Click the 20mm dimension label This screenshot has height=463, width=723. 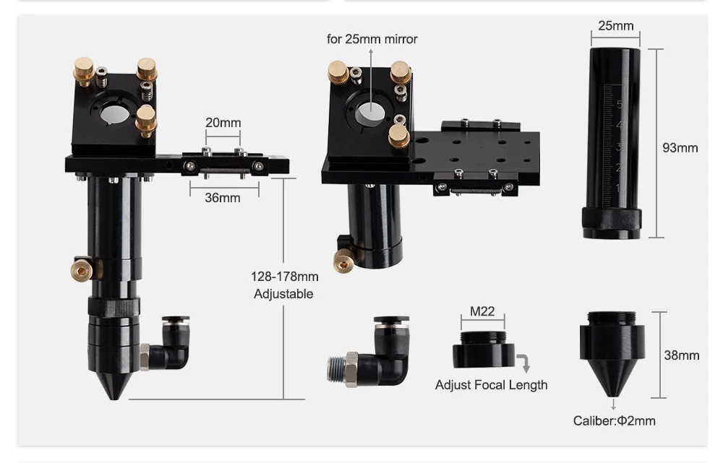point(223,123)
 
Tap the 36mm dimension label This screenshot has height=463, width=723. point(223,198)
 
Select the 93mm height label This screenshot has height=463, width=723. point(680,148)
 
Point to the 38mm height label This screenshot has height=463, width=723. point(682,355)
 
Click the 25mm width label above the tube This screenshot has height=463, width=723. point(615,26)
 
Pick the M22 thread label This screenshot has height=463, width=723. point(482,311)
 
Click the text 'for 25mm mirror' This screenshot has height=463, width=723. point(372,39)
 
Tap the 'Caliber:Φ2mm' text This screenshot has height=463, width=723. point(614,420)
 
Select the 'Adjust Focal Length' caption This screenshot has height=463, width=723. point(492,385)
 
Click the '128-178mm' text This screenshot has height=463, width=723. point(284,277)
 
